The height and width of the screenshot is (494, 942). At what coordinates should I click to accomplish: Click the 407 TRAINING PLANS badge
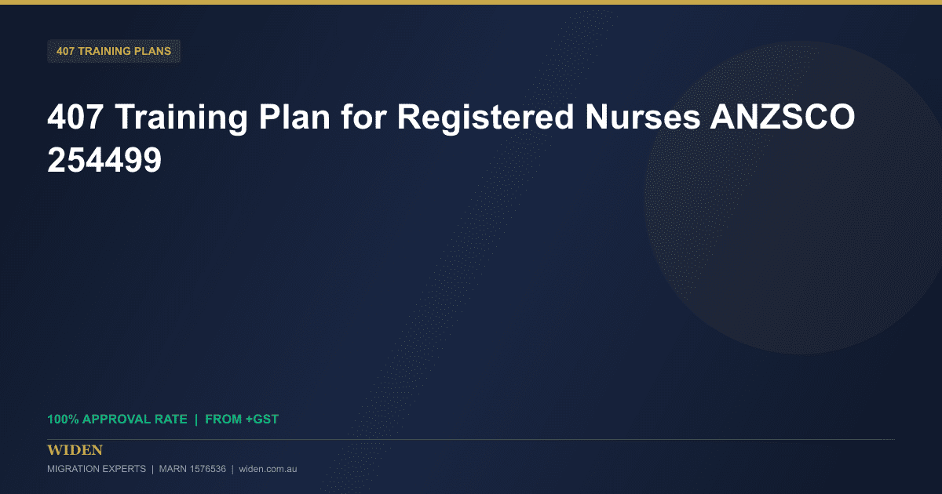[x=114, y=51]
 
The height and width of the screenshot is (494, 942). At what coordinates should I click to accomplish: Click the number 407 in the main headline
[x=75, y=117]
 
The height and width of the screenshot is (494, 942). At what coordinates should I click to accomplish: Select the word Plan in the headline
[x=294, y=117]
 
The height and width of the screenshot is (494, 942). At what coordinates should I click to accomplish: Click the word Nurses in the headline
[x=643, y=117]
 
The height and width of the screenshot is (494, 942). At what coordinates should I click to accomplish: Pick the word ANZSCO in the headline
[x=783, y=117]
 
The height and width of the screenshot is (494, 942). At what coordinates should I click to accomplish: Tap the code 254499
[x=104, y=160]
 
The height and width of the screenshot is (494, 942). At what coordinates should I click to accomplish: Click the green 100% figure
[x=63, y=420]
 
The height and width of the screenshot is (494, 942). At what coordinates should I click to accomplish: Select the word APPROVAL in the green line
[x=117, y=420]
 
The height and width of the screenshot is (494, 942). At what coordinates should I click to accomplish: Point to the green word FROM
[x=223, y=420]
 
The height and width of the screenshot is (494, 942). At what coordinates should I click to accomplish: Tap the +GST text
[x=262, y=420]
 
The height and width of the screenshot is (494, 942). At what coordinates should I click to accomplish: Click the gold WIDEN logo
[x=75, y=450]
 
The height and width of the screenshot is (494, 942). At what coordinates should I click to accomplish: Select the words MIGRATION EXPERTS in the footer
[x=97, y=469]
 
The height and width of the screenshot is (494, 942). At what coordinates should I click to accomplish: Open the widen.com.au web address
[x=268, y=469]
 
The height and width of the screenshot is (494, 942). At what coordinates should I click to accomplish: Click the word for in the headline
[x=363, y=117]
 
